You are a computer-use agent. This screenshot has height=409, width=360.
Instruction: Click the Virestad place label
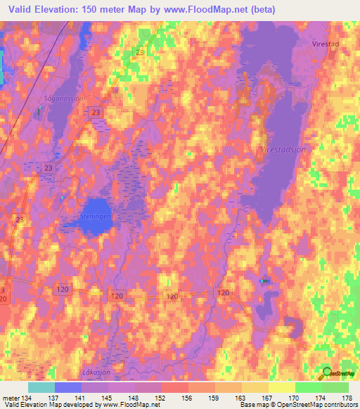point(326,42)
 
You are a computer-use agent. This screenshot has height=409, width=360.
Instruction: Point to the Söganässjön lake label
point(63,99)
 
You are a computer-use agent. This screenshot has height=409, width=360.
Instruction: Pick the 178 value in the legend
point(347,398)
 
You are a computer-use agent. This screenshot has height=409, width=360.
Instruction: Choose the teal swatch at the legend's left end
point(41,387)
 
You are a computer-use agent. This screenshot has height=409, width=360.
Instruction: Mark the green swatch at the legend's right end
point(335,387)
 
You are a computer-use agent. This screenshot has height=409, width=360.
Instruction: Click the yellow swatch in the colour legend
point(281,387)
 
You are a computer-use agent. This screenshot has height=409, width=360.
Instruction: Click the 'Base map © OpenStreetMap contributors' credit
point(299,405)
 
